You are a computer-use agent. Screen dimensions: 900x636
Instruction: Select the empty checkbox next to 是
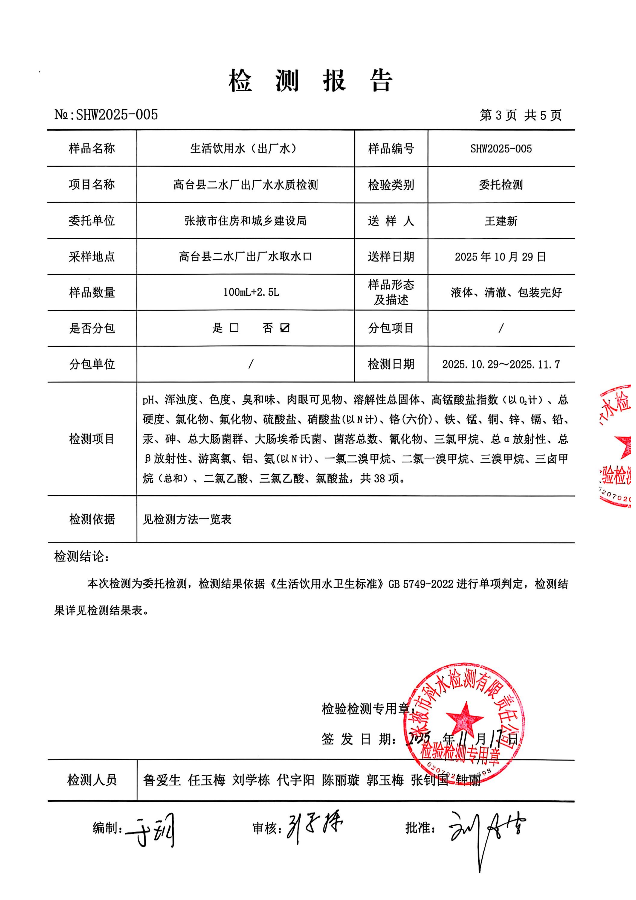(234, 328)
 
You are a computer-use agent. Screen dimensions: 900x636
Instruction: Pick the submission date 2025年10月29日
(500, 257)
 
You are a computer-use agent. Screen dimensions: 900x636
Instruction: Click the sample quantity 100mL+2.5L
(251, 292)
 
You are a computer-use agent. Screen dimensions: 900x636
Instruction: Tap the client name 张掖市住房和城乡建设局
(246, 221)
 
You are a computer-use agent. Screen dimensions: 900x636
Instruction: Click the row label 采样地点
(92, 257)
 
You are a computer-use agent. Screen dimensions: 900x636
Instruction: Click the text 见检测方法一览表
(187, 519)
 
